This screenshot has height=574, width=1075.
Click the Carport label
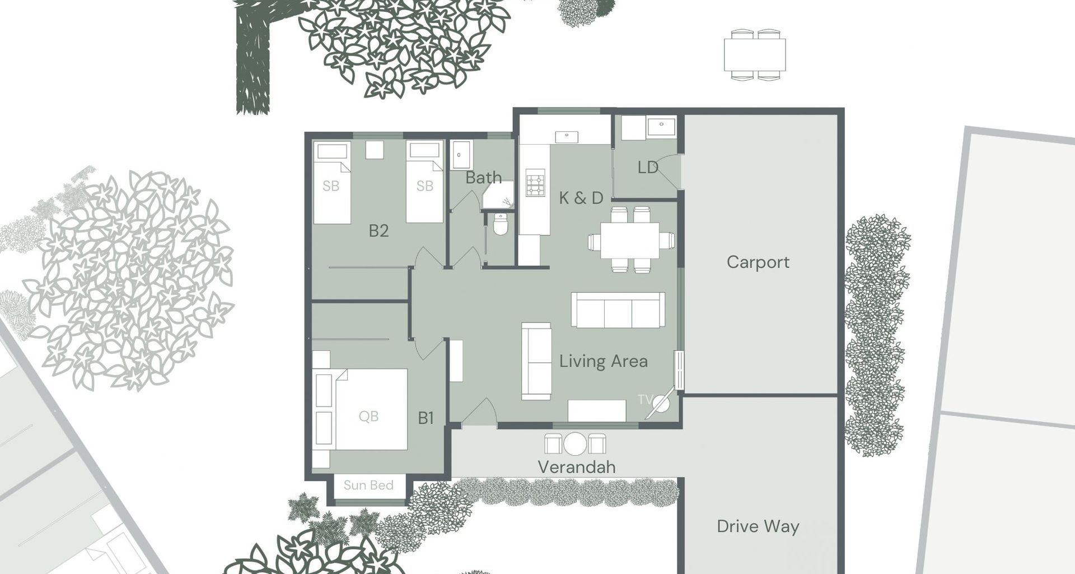[758, 262]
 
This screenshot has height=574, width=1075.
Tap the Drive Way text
[758, 526]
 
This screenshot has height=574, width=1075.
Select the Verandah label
[576, 467]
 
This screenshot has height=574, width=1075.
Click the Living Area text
[603, 362]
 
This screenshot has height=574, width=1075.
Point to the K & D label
[581, 198]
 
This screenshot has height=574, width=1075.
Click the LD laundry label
[647, 168]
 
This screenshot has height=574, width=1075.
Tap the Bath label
[483, 178]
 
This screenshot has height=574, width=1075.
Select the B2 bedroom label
[378, 231]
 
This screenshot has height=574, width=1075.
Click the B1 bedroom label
[426, 418]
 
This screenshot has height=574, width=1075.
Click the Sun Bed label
[368, 485]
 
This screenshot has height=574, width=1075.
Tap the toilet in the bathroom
[500, 225]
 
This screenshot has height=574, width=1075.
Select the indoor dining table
[630, 240]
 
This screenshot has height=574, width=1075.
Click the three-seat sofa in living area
[618, 310]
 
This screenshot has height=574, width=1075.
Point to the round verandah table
[575, 444]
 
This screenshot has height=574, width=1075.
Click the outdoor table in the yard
[754, 55]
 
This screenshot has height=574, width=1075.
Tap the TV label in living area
[644, 400]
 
